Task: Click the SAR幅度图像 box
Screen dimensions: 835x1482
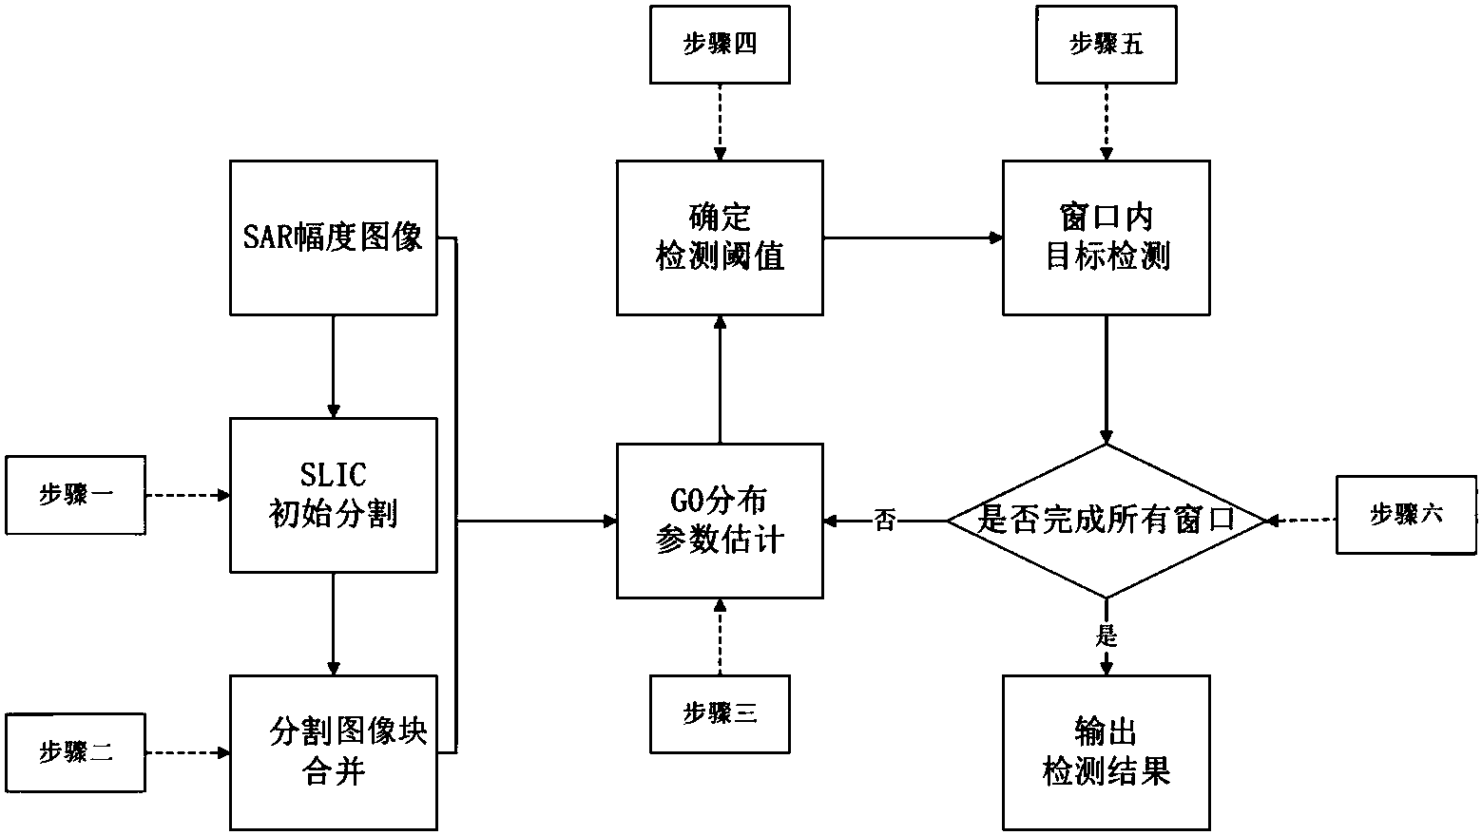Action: pos(333,237)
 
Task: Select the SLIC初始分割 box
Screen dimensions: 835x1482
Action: pos(333,495)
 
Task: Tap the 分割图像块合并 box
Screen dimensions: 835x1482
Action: pos(333,751)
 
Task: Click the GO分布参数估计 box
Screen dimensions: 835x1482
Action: pos(720,521)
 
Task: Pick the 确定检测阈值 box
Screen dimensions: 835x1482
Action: pos(720,237)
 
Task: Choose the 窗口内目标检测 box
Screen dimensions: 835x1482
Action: pos(1106,237)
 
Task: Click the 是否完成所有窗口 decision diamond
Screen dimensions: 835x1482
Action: pos(1106,521)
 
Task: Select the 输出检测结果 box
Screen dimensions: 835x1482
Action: pos(1106,751)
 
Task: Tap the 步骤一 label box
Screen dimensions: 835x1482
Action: pos(75,495)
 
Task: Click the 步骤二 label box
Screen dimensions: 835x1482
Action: pos(75,752)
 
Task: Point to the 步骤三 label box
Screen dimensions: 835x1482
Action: pos(720,713)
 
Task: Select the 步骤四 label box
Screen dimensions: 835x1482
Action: pos(720,44)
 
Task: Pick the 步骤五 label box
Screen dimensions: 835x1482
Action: pos(1106,44)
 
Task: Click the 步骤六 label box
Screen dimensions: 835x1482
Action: pos(1406,515)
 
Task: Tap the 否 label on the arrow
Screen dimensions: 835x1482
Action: pos(885,521)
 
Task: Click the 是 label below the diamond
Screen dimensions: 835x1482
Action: pos(1107,636)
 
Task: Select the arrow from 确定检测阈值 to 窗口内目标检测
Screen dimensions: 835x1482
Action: pos(913,237)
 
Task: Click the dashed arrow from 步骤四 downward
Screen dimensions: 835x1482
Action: pos(720,122)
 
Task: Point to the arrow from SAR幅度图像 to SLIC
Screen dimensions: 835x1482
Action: pos(333,366)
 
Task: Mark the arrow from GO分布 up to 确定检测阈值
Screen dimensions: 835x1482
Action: pos(720,379)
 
